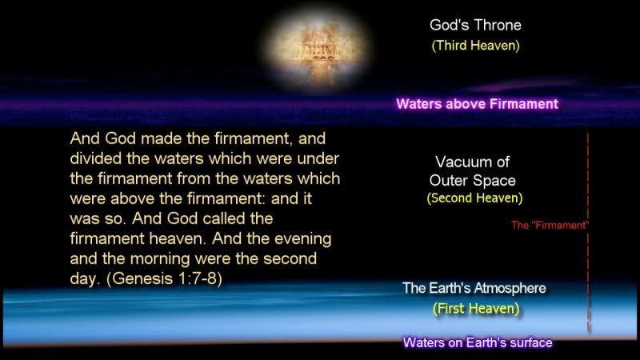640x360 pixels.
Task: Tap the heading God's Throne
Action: point(475,26)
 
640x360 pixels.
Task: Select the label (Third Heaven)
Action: point(475,46)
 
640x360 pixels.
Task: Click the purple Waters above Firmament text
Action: point(477,104)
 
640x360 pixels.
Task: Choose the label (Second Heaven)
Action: point(474,198)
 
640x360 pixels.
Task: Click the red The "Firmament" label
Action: point(550,226)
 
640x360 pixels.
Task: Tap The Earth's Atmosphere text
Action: point(474,288)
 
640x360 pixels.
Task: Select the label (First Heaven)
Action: point(476,309)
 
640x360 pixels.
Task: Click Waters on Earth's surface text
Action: point(478,342)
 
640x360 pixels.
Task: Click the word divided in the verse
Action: point(96,158)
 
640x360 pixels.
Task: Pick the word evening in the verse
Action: point(303,239)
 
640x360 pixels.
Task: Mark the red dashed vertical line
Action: point(588,232)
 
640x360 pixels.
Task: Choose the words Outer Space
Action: point(472,181)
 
